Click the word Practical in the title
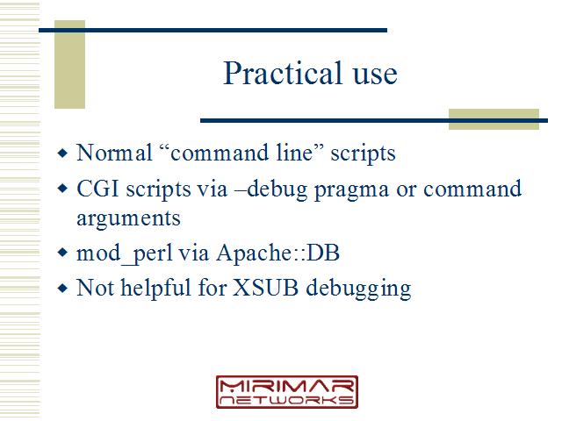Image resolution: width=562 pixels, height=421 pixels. click(283, 73)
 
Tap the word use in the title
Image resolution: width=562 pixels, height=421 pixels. click(375, 75)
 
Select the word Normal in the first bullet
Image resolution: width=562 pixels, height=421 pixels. click(115, 153)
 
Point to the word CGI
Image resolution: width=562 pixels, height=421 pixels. click(97, 189)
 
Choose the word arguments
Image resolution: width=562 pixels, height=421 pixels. click(128, 219)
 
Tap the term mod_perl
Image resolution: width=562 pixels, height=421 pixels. click(125, 254)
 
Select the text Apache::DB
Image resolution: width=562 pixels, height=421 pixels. click(277, 253)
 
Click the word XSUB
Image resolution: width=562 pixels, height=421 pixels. click(265, 288)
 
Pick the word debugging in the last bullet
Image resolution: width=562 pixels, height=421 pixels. click(358, 289)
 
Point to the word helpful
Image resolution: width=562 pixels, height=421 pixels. click(155, 289)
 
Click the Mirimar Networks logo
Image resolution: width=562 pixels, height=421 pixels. click(287, 392)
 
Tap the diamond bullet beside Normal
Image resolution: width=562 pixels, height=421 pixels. click(62, 153)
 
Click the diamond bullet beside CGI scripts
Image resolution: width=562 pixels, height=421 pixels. click(62, 189)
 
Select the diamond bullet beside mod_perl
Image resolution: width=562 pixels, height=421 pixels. click(62, 253)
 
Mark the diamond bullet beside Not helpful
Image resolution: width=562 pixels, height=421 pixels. click(62, 288)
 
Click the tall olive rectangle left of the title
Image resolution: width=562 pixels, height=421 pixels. click(70, 64)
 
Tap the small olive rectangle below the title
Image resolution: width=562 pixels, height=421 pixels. click(494, 119)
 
